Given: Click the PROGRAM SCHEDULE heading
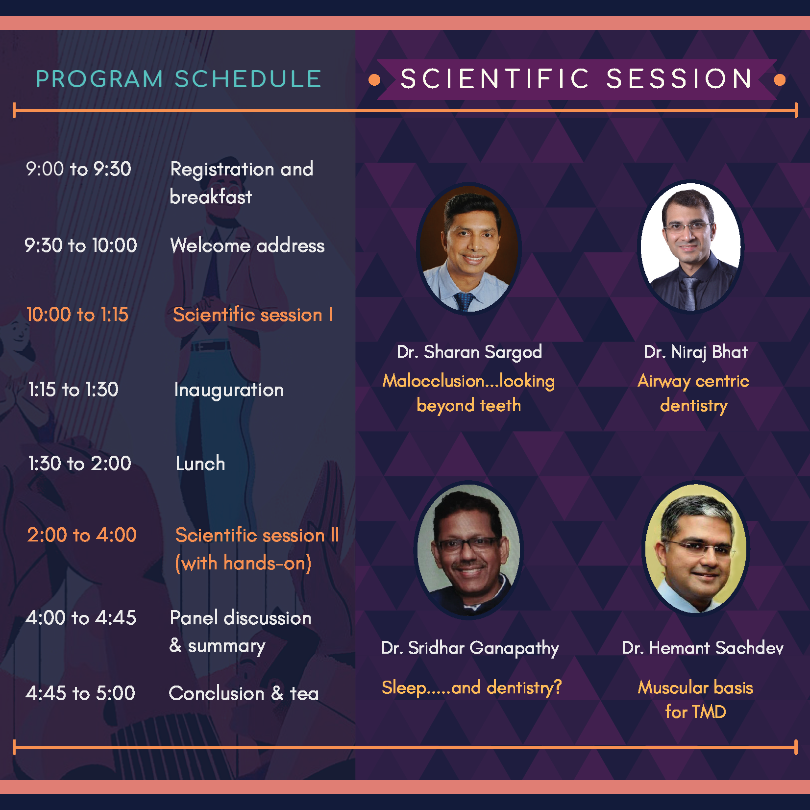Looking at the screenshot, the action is pos(178,79).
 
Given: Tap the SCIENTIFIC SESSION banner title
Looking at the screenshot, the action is pos(576,79).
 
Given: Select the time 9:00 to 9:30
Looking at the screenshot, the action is pos(78,169).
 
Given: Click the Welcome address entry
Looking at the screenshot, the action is pos(247,245).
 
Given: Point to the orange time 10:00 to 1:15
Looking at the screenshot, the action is pos(77,315).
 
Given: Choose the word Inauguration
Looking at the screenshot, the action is pos(229,391).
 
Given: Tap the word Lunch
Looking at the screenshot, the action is pos(200,464).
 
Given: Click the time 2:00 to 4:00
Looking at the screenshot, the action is pos(82,535).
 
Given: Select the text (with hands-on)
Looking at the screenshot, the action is pos(243,564).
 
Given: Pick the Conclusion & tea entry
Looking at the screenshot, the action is pos(244,694).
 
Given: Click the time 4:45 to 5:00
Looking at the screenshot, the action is pos(80,693).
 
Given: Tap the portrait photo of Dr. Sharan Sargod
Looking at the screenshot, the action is pos(469,249).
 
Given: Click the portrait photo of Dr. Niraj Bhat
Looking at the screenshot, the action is pos(691,247).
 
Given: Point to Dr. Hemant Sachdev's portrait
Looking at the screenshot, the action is pos(696,549).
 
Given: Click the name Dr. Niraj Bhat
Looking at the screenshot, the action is pos(696,352).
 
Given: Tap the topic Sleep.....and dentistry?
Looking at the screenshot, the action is pos(471,688).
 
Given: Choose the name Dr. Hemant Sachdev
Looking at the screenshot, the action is pos(703,648).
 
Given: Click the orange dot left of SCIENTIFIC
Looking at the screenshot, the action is pos(374,80).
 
